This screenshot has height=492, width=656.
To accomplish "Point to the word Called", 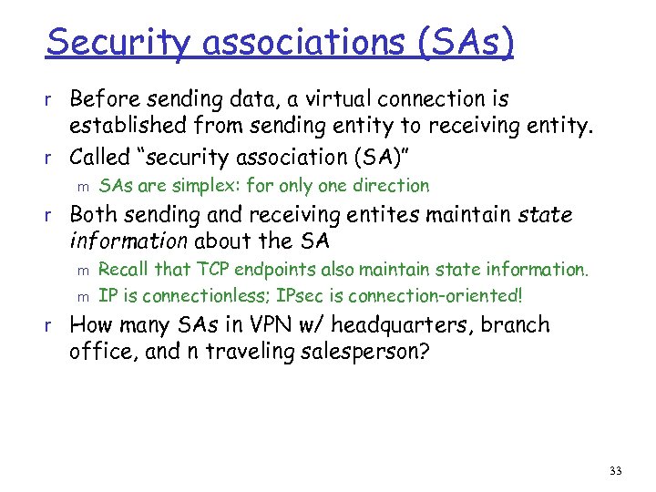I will pos(100,157).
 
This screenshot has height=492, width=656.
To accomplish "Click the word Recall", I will pos(124,269).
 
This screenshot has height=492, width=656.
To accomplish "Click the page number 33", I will pos(615,471).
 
